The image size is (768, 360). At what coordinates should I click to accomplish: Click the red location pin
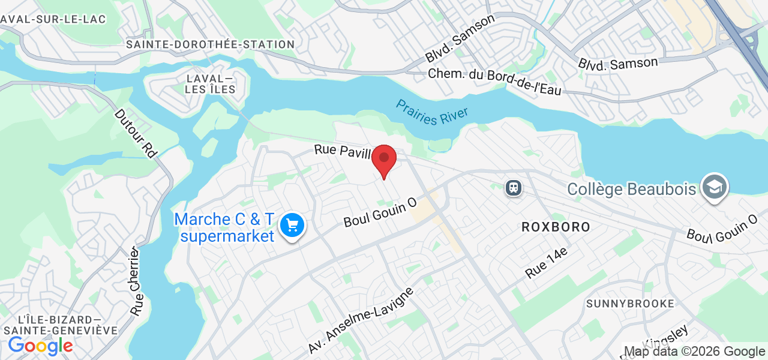(384, 159)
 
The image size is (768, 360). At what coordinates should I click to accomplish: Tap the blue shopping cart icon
(292, 226)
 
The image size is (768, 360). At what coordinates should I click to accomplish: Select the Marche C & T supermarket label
(224, 228)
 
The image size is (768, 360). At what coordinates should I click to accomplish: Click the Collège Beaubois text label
(632, 190)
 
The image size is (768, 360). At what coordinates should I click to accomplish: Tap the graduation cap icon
(715, 187)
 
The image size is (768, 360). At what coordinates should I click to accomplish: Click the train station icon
(514, 188)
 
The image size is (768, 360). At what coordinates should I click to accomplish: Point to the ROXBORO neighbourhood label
(556, 227)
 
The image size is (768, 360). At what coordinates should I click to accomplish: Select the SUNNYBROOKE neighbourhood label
(631, 304)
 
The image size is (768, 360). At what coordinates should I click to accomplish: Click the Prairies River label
(432, 112)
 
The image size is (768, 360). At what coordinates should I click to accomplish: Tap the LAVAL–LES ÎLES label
(210, 84)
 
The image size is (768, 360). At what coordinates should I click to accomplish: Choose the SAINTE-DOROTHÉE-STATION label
(210, 44)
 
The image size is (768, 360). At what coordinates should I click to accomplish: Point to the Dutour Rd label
(136, 133)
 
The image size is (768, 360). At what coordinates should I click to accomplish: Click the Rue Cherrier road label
(136, 281)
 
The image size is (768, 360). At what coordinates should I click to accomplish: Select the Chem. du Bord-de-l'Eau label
(494, 82)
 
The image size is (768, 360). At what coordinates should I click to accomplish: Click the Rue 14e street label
(546, 263)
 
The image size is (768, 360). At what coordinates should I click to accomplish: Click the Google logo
(40, 346)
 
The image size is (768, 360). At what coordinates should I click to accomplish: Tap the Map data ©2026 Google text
(694, 352)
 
